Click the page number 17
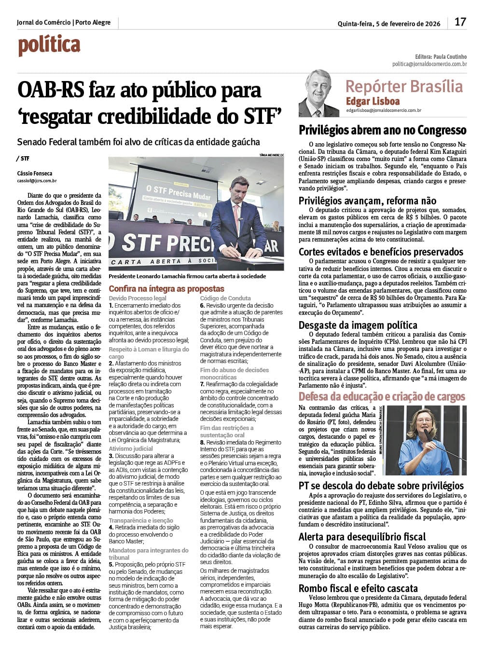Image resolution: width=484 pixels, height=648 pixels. pos(460,22)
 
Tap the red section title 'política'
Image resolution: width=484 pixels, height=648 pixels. pos(49,46)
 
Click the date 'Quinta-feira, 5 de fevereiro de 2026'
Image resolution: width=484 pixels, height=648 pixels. pos(389,24)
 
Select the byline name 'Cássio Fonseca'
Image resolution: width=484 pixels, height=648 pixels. pos(35,173)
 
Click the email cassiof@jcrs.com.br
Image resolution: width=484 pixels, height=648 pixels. pos(37,181)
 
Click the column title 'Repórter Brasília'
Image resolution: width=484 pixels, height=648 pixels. pos(404,86)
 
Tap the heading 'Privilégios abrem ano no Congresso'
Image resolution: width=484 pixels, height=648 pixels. pos(382,130)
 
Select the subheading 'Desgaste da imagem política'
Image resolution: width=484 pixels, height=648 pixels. pos(358,325)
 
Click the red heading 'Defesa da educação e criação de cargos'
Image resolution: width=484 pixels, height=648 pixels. pos(382,397)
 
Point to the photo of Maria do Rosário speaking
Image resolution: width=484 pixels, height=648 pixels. pos(426,440)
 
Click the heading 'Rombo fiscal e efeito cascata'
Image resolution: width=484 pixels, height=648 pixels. pos(358,588)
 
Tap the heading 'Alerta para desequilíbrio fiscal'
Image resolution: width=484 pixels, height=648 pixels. pos(362,537)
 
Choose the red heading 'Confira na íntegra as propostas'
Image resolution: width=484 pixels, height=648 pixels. pos(166,289)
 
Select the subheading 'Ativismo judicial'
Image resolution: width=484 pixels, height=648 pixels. pos(131,448)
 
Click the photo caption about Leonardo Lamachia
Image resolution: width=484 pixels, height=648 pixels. pos(187,277)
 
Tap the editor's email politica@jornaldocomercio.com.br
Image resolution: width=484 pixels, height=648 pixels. pos(429,64)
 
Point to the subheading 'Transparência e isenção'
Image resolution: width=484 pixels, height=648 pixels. pos(141,521)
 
